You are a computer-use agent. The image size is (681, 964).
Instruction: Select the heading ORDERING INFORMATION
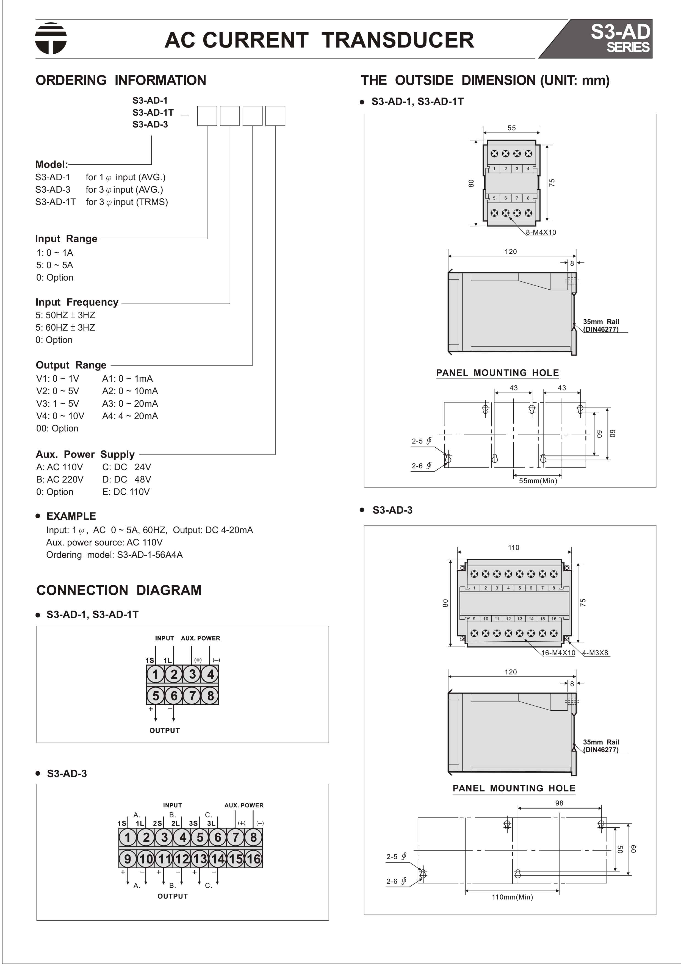click(120, 80)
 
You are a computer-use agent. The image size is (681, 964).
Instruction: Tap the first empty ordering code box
click(207, 116)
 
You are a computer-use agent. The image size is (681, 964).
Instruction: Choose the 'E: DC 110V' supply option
click(126, 492)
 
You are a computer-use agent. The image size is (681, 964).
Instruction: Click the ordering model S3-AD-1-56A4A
click(150, 555)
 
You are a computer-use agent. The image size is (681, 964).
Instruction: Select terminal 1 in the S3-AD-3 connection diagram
click(128, 837)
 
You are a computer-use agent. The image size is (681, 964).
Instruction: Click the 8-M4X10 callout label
click(541, 232)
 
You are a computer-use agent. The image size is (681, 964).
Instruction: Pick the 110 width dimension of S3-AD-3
click(513, 547)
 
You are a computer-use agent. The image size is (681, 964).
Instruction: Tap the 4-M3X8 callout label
click(595, 653)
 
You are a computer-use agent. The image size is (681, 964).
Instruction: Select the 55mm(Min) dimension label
click(538, 481)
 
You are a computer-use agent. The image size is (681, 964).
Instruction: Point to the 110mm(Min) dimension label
click(512, 897)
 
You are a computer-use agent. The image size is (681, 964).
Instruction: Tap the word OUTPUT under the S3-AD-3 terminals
click(173, 896)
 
